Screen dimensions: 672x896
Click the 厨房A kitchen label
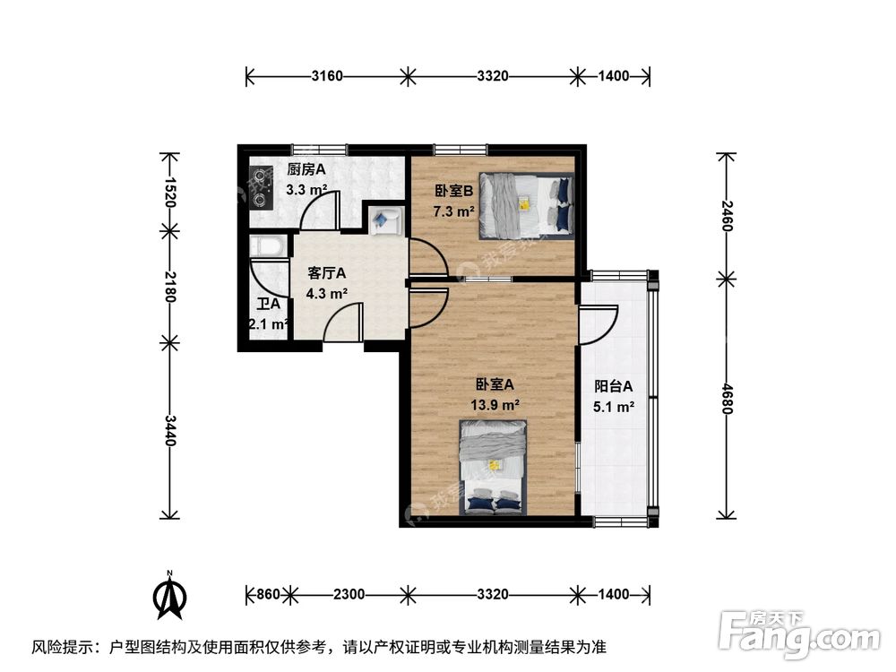[306, 169]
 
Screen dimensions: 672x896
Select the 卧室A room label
[495, 384]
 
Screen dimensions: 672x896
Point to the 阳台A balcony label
[614, 387]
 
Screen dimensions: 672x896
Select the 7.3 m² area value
[453, 211]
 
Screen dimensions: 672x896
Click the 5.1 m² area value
[614, 407]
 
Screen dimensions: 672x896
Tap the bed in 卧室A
[494, 469]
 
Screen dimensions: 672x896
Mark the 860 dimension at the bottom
[267, 594]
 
